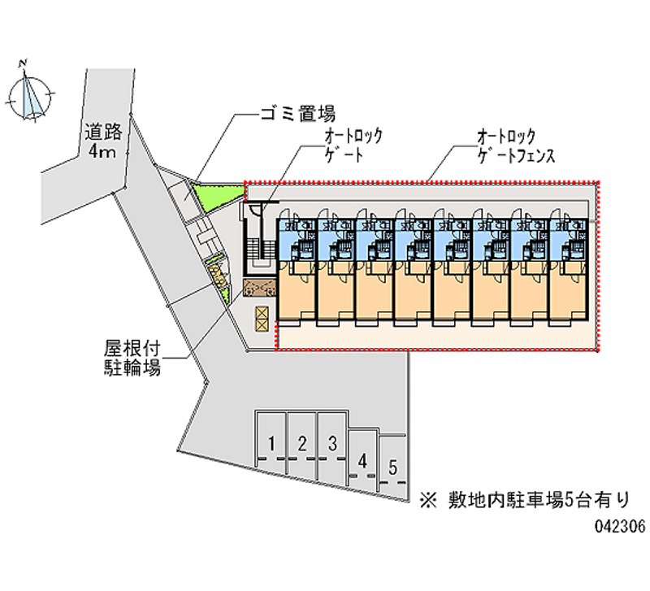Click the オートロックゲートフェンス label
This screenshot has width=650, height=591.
[x=516, y=146]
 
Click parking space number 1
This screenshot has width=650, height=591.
[x=271, y=444]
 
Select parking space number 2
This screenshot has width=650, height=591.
[x=301, y=444]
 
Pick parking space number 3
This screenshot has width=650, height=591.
[x=332, y=444]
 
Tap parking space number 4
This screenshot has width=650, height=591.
[x=363, y=460]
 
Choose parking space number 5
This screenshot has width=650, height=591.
[x=393, y=467]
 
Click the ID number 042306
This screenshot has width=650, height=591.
[x=619, y=526]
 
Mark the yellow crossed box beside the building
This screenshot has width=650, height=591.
[x=262, y=319]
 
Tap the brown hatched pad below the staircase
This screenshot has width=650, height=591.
[x=260, y=289]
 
